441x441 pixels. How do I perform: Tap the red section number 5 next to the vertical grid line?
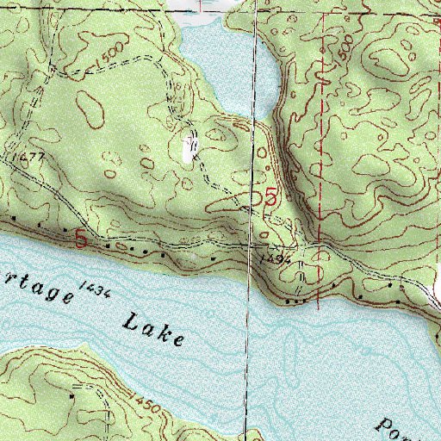tap(270, 198)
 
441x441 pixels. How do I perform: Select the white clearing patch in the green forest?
tap(189, 149)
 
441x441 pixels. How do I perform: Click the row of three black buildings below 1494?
tap(295, 301)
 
